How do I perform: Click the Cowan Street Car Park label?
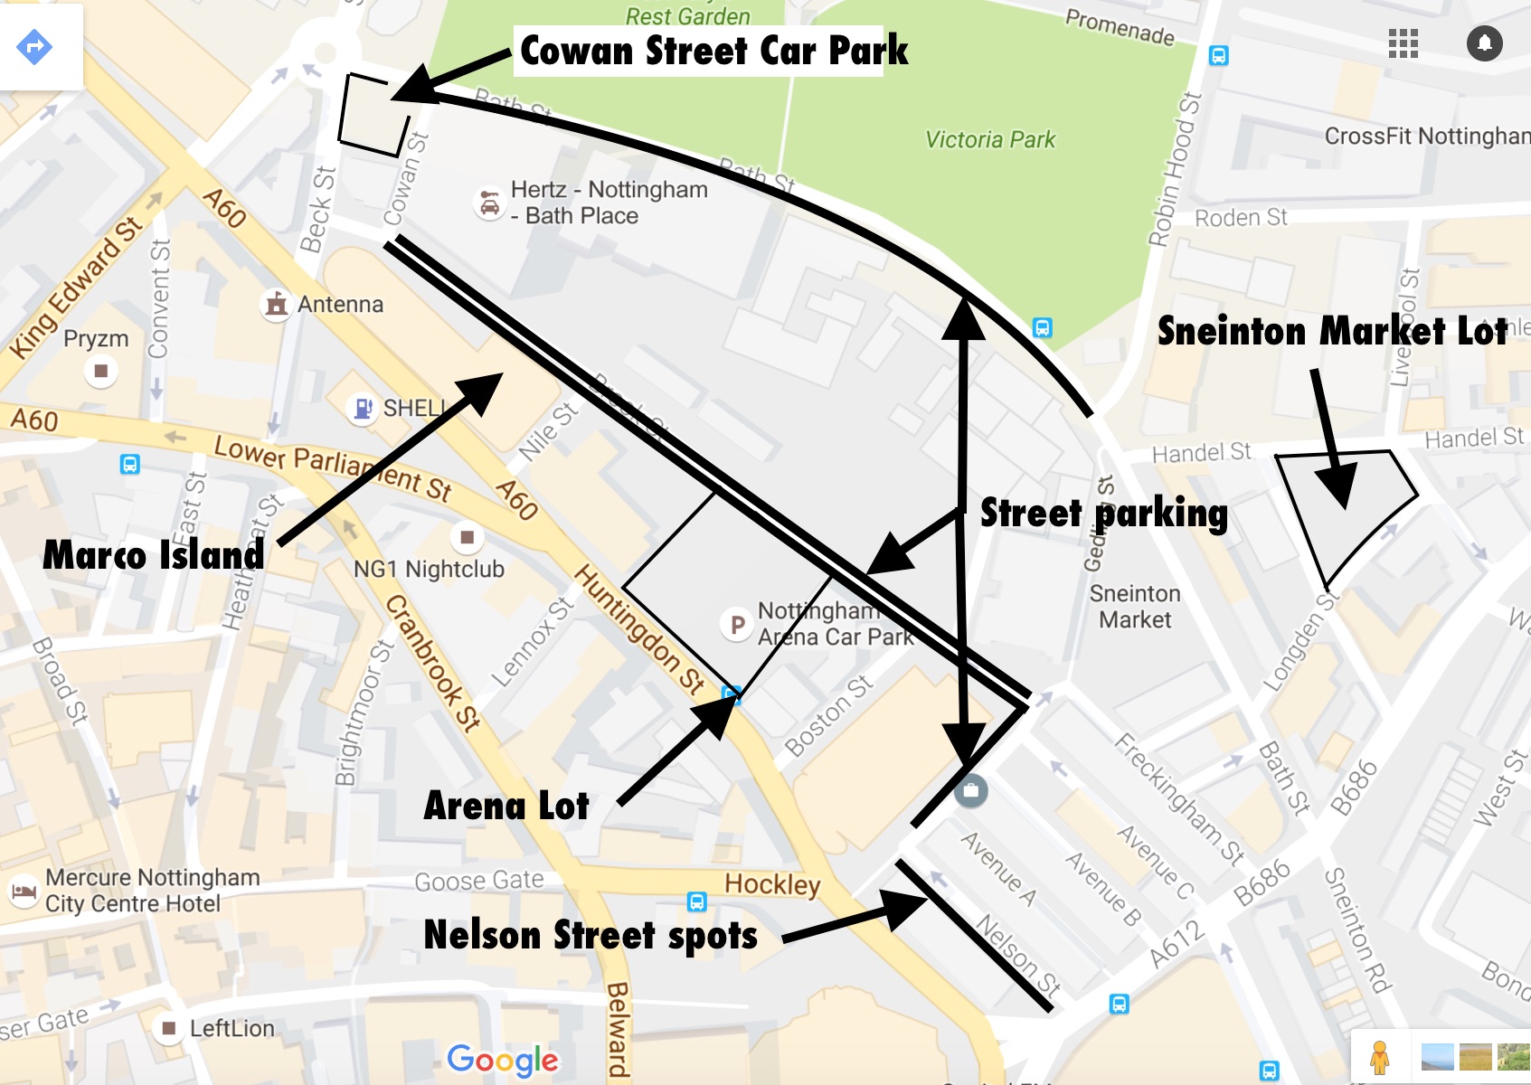click(714, 51)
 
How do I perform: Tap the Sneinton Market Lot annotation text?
click(1332, 332)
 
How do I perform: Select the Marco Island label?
click(154, 554)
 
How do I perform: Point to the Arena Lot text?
click(506, 806)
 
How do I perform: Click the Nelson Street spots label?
click(591, 935)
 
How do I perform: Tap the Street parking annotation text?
click(1103, 513)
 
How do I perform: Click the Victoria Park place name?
click(990, 139)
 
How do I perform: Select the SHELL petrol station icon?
click(362, 409)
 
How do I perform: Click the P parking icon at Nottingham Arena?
click(737, 624)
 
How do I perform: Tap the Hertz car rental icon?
click(489, 203)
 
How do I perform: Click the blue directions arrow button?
click(34, 46)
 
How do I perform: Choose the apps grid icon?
click(1403, 43)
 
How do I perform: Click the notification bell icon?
click(1484, 43)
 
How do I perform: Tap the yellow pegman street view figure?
click(1379, 1056)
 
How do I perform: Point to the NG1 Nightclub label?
click(429, 569)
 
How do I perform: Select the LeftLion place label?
click(232, 1028)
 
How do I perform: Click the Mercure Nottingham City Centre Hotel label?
click(152, 891)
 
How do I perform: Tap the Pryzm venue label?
click(96, 339)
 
